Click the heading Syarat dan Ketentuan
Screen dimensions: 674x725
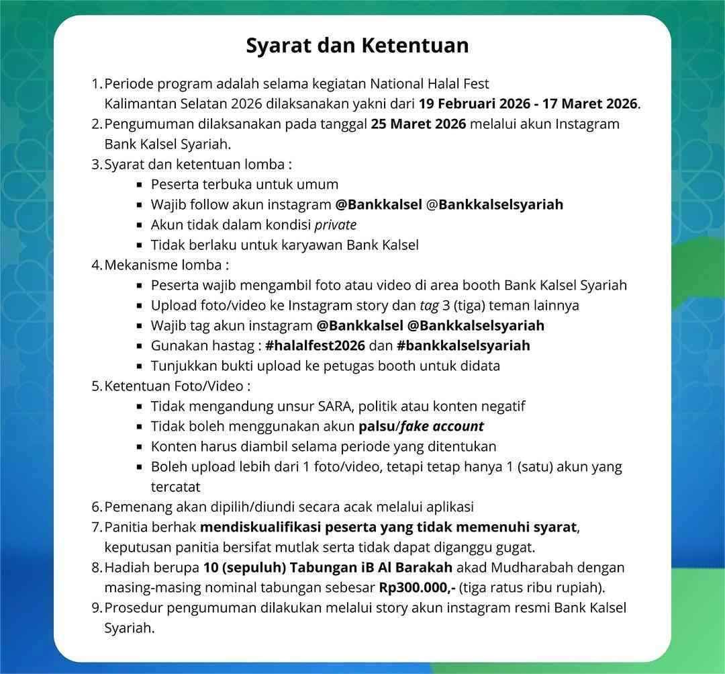(x=357, y=46)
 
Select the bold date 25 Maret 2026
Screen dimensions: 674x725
(x=418, y=124)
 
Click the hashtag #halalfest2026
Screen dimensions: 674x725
(x=315, y=345)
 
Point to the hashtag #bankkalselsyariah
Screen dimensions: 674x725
(x=463, y=345)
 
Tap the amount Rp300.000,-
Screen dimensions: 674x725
(x=417, y=587)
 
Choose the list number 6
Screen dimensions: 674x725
(x=95, y=507)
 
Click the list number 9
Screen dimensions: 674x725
(x=95, y=607)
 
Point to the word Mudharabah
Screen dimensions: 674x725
(x=538, y=567)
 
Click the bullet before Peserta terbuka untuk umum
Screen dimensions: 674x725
(x=139, y=185)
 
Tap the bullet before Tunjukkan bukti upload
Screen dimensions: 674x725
(x=139, y=366)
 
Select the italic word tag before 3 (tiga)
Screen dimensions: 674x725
(x=428, y=306)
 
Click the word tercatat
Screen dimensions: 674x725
(x=175, y=487)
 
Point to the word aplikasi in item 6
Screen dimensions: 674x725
(x=445, y=507)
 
